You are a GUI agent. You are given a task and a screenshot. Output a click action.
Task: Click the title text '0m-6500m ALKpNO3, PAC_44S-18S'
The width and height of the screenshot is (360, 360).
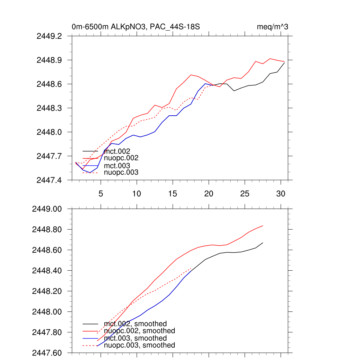(x=136, y=27)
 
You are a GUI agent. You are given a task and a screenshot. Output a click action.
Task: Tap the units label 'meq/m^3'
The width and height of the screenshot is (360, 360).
(x=273, y=27)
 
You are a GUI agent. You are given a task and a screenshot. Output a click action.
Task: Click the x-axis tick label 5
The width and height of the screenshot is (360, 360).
(x=101, y=194)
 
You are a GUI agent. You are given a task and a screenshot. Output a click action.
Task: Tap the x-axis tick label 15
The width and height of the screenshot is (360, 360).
(x=173, y=194)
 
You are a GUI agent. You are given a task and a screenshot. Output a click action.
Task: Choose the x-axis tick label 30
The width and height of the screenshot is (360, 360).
(x=281, y=194)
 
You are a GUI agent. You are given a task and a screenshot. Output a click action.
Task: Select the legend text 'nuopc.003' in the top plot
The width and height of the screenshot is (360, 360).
(x=121, y=172)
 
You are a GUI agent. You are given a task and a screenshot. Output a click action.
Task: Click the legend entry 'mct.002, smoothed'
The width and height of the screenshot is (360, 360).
(x=135, y=324)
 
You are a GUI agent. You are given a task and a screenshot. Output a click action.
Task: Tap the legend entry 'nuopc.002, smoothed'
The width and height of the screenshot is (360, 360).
(x=139, y=331)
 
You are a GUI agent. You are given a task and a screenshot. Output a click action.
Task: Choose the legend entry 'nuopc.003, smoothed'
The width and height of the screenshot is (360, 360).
(x=139, y=345)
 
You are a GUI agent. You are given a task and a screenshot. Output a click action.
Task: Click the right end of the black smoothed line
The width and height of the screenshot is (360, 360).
(x=263, y=243)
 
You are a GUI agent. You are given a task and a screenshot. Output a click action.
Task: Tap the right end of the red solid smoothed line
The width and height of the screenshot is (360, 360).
(x=263, y=226)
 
